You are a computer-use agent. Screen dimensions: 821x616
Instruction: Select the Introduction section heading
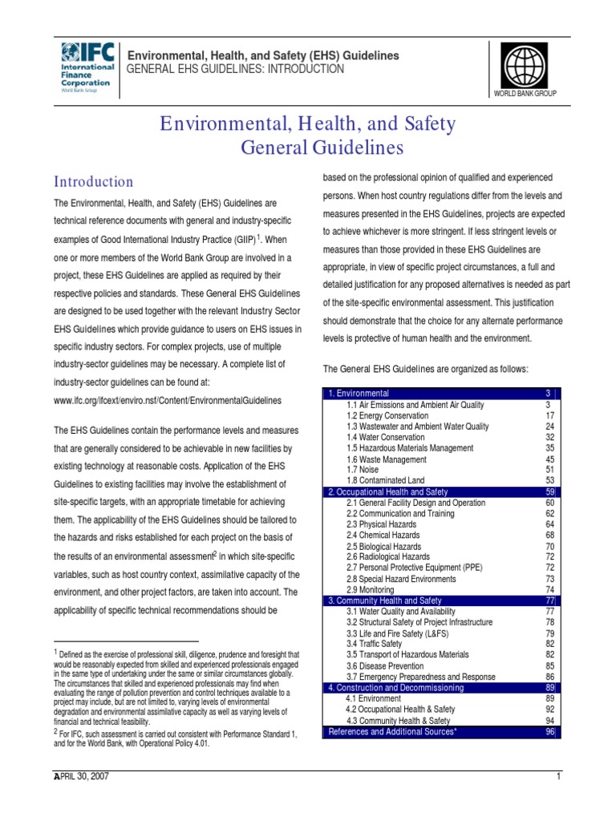pyautogui.click(x=93, y=182)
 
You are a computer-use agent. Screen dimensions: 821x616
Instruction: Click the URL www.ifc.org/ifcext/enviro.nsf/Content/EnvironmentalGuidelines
pyautogui.click(x=168, y=399)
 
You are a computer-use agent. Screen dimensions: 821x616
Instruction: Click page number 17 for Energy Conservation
pyautogui.click(x=549, y=416)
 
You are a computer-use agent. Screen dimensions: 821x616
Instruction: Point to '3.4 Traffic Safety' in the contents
pyautogui.click(x=374, y=644)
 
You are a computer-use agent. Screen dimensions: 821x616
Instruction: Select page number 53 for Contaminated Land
pyautogui.click(x=549, y=480)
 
